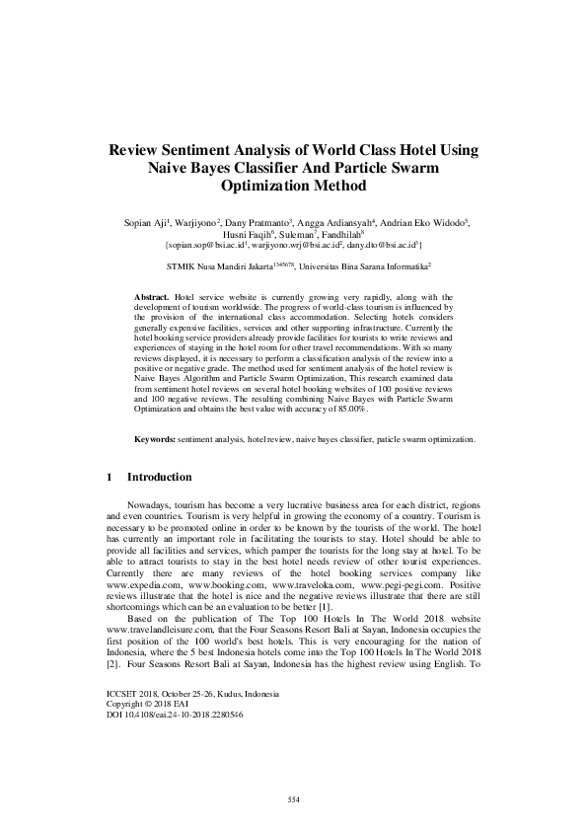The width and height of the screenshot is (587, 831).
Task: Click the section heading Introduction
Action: point(160,478)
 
